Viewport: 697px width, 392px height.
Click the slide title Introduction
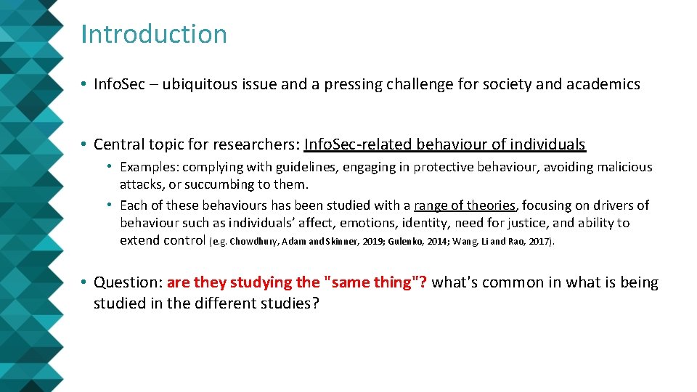pyautogui.click(x=154, y=34)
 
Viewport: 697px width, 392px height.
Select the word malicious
pyautogui.click(x=624, y=168)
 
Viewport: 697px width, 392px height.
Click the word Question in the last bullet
pyautogui.click(x=126, y=282)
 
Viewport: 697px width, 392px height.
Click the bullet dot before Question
pyautogui.click(x=85, y=283)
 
